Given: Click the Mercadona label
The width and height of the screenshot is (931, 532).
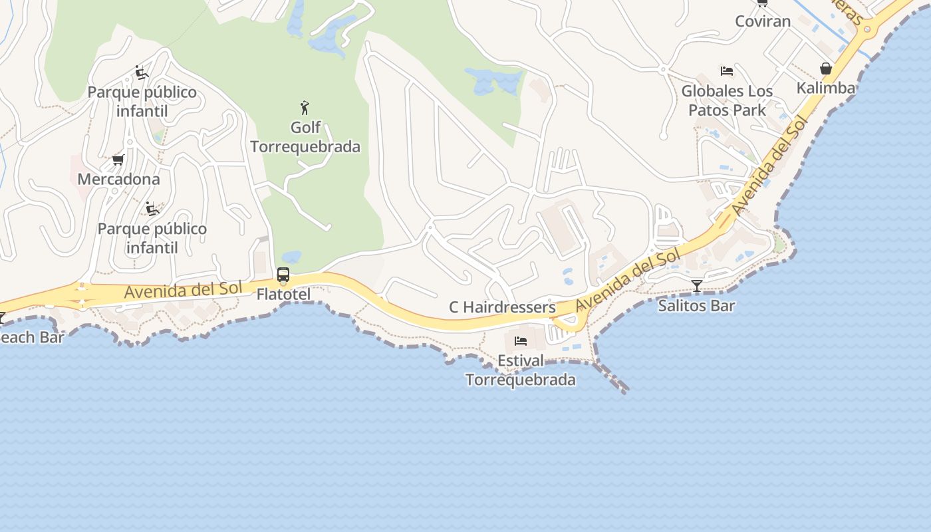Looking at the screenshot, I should click(118, 179).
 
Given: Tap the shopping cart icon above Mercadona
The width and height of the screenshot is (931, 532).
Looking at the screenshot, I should click(118, 160).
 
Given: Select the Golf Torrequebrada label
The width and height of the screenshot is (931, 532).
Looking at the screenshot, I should click(305, 137).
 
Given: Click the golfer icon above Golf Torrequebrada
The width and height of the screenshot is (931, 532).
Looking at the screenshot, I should click(305, 108).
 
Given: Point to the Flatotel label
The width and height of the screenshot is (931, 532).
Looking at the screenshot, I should click(283, 294).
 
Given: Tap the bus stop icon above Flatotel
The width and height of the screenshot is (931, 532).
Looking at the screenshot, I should click(283, 275).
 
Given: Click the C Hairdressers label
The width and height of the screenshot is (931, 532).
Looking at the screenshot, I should click(502, 307).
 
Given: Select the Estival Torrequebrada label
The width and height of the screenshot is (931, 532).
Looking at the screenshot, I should click(521, 370).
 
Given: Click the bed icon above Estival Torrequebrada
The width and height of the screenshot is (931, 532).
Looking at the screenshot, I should click(521, 341).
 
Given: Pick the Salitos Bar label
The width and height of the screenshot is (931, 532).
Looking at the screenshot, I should click(696, 306).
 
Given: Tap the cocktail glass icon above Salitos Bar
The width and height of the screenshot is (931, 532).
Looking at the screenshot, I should click(696, 286).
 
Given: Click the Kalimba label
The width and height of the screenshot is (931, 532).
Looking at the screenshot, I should click(826, 88).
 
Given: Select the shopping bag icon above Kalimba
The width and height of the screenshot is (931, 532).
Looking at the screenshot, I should click(826, 68).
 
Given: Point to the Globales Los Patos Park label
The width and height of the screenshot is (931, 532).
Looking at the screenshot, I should click(727, 100).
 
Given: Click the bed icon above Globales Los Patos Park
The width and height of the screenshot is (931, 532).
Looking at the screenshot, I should click(727, 70).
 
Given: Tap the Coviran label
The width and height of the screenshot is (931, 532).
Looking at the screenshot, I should click(763, 21).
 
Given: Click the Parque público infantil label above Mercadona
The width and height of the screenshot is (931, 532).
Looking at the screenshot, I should click(142, 101).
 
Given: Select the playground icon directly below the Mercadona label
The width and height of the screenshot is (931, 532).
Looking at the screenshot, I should click(152, 209).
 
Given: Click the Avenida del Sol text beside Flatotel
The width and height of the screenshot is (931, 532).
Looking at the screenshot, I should click(183, 291).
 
